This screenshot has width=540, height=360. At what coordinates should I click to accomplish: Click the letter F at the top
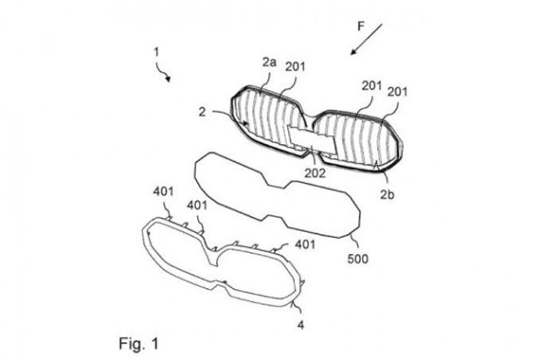click(362, 25)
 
